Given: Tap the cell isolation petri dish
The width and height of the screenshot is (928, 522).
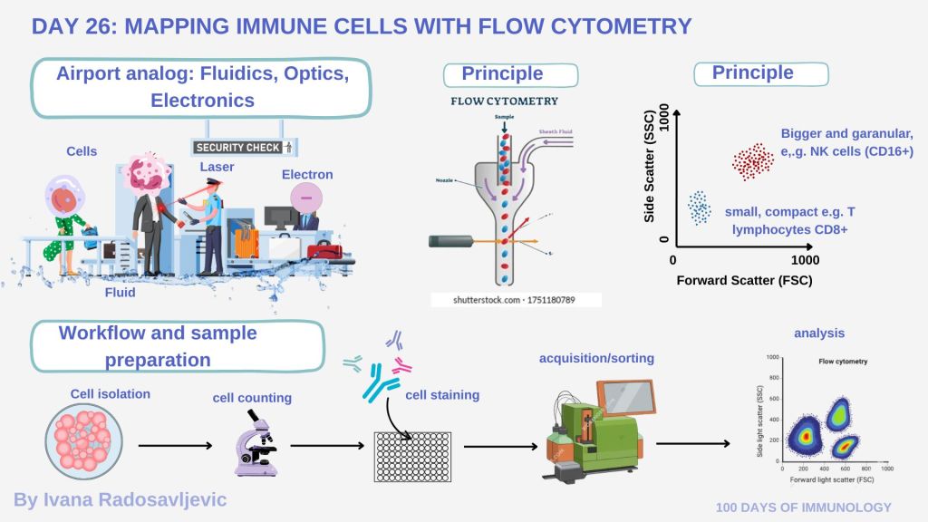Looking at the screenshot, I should point(77,440).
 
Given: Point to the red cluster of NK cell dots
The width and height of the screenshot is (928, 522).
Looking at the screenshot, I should point(752,161).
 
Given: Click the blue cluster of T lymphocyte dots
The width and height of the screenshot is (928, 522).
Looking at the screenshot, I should point(699,207).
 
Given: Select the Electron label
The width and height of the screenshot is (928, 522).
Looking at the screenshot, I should point(307,174).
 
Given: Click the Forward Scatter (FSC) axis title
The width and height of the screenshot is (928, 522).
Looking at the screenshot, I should point(744,280).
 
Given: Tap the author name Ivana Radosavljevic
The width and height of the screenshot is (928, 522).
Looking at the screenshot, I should point(120,499).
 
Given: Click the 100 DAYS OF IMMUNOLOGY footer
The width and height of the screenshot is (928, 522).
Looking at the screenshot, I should point(803,507).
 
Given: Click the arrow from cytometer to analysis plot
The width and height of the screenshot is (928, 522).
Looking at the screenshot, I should point(691,443).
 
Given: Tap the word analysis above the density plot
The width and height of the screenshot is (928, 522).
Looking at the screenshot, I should point(818,333).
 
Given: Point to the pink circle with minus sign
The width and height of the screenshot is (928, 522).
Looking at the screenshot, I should point(305,197).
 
